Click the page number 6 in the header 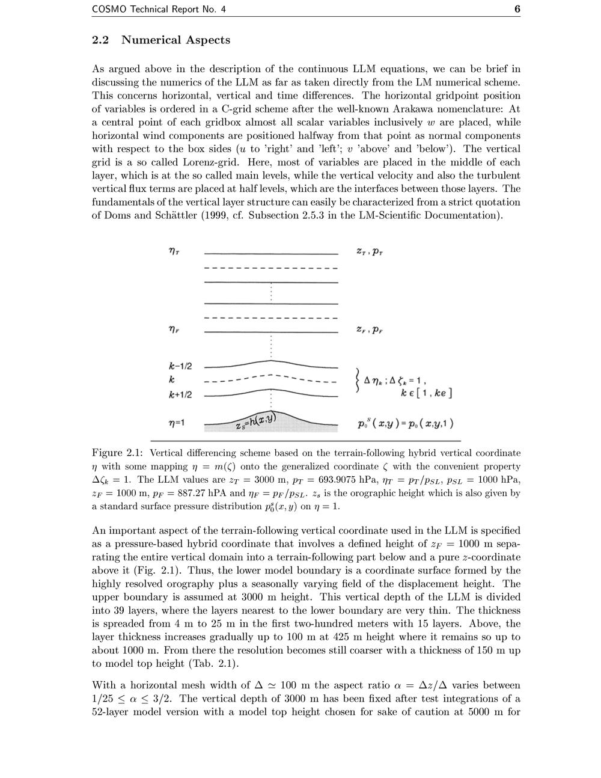point(517,9)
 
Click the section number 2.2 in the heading point(100,40)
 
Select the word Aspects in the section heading point(208,40)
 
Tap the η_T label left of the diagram point(174,252)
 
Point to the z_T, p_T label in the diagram point(370,252)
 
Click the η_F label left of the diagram point(174,329)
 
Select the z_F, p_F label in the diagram point(370,329)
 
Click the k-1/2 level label point(180,366)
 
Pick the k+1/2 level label point(180,395)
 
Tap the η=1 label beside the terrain point(177,423)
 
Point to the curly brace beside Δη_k point(358,380)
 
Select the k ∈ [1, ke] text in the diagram point(426,393)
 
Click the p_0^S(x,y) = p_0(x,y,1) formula point(405,423)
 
